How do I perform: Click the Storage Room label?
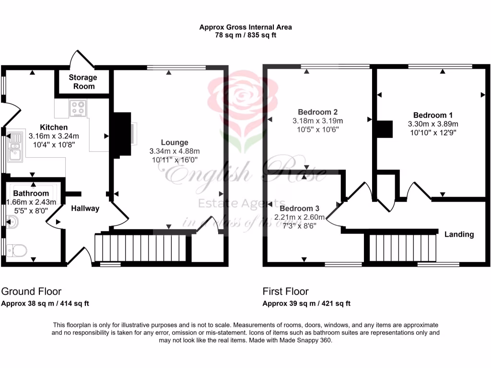click(82, 81)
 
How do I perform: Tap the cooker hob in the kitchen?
click(78, 108)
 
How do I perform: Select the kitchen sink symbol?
click(15, 146)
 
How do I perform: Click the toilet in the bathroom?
click(18, 250)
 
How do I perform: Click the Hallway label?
click(85, 208)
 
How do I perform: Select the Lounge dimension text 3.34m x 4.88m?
click(175, 151)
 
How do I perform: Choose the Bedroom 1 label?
click(433, 115)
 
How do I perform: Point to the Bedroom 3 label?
click(299, 208)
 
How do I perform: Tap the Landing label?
click(459, 234)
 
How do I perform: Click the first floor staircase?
click(403, 247)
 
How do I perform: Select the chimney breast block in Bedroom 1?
click(384, 129)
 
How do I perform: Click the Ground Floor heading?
click(31, 291)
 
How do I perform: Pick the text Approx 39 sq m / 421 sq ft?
click(306, 303)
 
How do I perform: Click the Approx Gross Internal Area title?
click(245, 27)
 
